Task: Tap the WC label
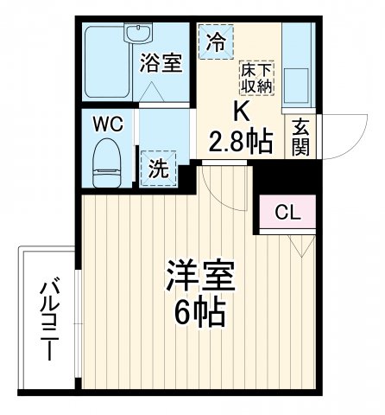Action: pos(109,123)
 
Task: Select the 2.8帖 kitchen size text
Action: pos(241,139)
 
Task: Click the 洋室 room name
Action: pos(200,279)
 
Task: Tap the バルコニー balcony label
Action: pos(48,321)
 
